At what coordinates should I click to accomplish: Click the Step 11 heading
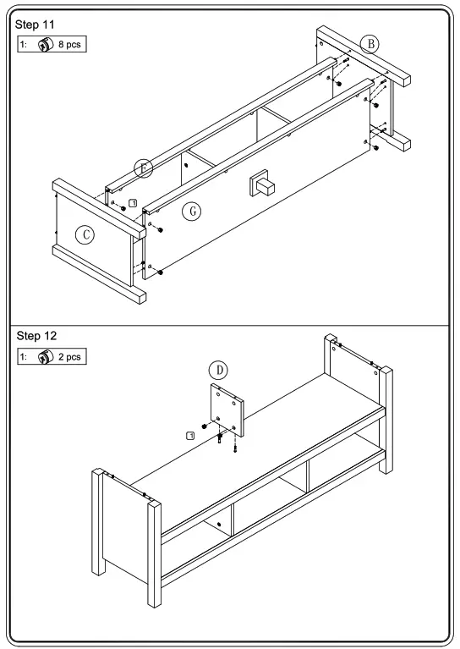click(34, 24)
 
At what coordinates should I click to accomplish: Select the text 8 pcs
click(70, 42)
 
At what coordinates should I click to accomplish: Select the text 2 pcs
click(70, 356)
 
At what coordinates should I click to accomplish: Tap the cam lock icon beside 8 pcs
click(44, 42)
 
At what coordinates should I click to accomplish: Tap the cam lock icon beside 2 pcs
click(44, 356)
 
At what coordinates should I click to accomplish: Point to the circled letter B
click(370, 44)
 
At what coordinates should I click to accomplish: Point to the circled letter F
click(144, 168)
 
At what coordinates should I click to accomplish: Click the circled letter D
click(218, 371)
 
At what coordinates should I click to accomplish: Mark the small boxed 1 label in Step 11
click(132, 203)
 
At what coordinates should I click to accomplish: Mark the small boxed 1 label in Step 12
click(190, 434)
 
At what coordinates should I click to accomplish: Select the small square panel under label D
click(226, 408)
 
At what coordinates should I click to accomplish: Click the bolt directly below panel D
click(220, 438)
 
